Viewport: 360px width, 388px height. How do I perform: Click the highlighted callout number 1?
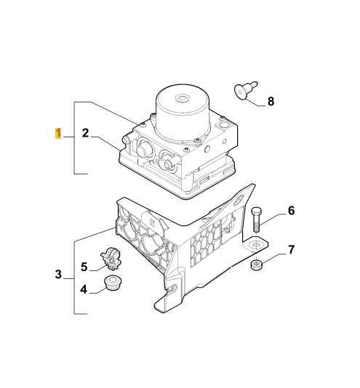pos(58,134)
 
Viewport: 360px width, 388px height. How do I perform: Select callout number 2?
pos(85,133)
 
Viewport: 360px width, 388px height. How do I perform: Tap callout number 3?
pos(58,274)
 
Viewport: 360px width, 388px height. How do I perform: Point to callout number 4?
pos(84,289)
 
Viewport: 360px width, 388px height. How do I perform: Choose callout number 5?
pos(84,267)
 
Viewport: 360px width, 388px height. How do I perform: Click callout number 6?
pos(292,211)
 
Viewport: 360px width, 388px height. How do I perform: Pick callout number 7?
pos(291,250)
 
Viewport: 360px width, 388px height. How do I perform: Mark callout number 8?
pos(271,101)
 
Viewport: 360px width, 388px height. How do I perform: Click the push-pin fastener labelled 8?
pos(246,90)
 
